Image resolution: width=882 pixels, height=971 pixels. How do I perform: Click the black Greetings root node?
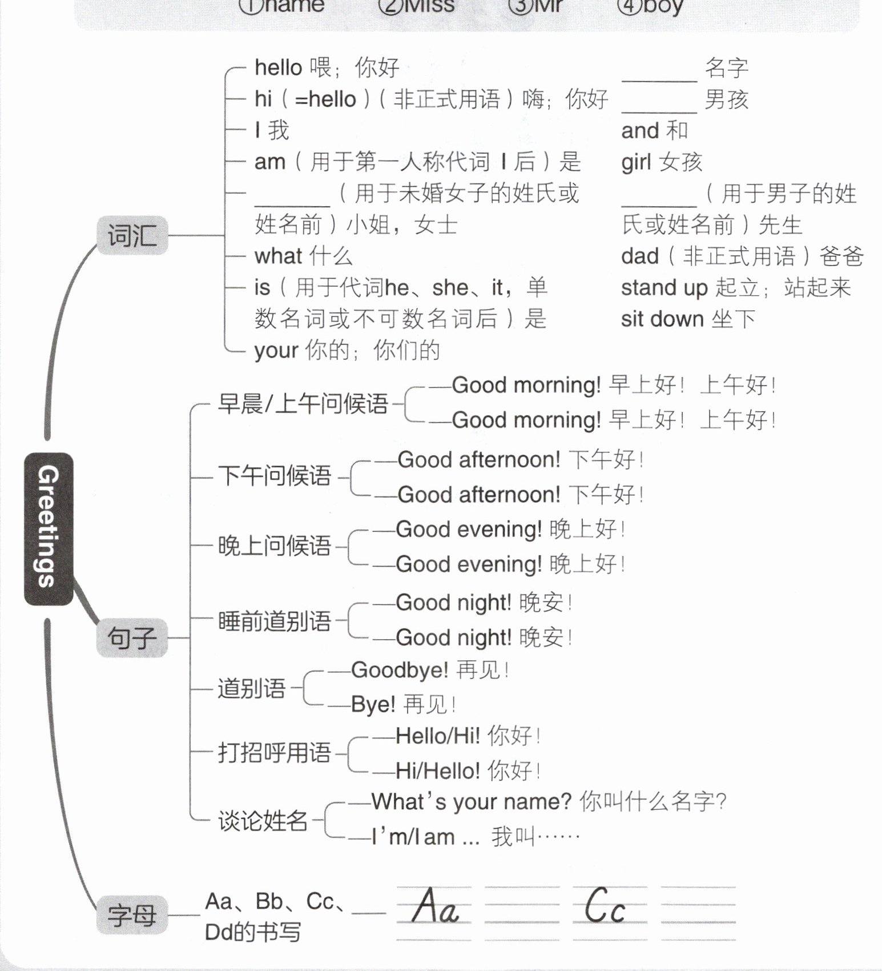[49, 528]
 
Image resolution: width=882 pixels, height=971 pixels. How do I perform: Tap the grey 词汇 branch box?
[132, 235]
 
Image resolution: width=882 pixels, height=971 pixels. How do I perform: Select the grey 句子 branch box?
[132, 637]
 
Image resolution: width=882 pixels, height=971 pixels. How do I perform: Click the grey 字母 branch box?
[132, 914]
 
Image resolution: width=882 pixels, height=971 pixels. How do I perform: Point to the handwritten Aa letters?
[435, 906]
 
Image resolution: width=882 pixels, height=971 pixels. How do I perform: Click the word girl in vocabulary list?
[636, 163]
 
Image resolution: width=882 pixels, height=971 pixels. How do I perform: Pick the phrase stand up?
[664, 288]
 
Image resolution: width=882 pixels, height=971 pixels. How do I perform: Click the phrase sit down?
[662, 319]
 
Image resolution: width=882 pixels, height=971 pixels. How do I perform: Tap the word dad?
[639, 256]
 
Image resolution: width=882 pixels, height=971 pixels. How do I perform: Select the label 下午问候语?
[275, 476]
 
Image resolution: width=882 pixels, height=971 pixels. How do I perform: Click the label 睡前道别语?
[275, 621]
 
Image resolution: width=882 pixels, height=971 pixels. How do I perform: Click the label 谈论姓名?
[263, 821]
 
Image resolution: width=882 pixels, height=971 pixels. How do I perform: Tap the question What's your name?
[471, 802]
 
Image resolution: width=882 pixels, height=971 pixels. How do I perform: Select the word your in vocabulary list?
[276, 350]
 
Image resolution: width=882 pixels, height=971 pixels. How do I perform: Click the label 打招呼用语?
[275, 753]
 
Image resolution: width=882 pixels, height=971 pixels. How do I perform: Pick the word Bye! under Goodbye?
[373, 704]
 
